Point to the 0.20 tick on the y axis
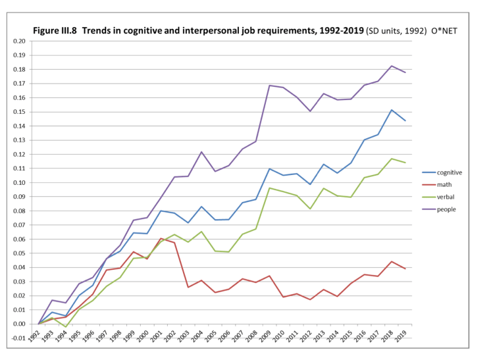(18, 41)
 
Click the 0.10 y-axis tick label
(18, 182)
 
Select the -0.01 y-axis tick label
(18, 338)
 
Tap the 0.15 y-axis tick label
(18, 112)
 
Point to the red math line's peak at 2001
(161, 238)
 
